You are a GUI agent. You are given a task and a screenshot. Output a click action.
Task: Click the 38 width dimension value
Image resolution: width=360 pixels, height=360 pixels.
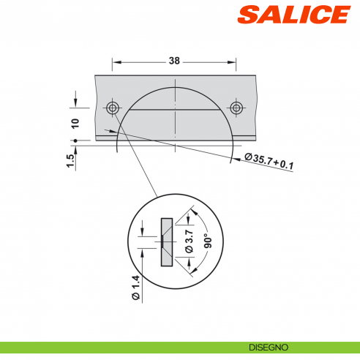pos(174,62)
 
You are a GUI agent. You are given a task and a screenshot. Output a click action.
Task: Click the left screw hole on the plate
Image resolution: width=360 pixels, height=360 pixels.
pos(113,108)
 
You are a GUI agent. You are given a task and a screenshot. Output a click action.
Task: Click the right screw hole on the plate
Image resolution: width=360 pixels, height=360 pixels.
pos(236,108)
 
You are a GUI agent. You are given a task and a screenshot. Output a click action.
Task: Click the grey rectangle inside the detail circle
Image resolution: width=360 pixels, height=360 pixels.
pos(166,241)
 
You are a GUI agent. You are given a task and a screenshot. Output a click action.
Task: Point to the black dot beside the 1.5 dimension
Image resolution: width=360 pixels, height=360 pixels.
pos(75,139)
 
